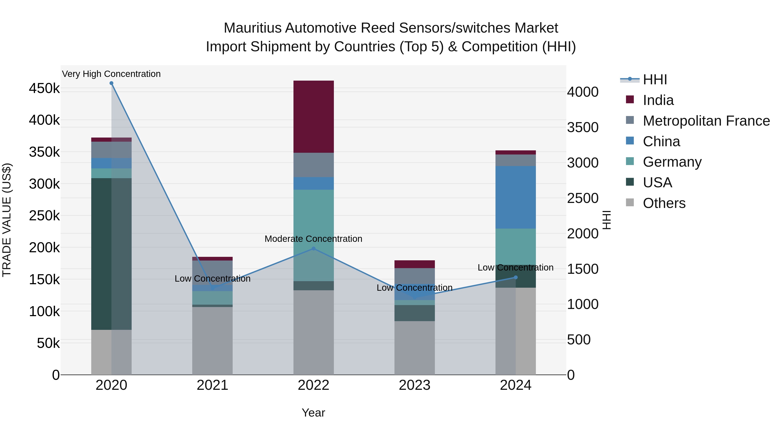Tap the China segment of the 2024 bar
(515, 197)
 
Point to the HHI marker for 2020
(111, 83)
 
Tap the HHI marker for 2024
(515, 277)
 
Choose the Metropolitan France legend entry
(706, 121)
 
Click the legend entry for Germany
(672, 162)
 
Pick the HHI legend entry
(655, 80)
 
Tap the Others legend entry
(664, 203)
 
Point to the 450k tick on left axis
(44, 89)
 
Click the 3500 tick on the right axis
(583, 128)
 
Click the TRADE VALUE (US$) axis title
(7, 220)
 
